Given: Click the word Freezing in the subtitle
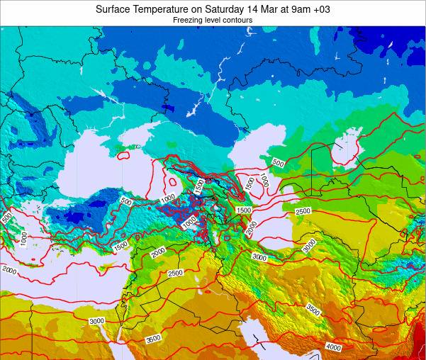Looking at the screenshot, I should [188, 21].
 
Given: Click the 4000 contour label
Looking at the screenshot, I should [332, 347].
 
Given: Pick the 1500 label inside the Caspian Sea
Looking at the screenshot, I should [249, 182].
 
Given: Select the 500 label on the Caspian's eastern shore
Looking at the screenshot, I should [277, 164].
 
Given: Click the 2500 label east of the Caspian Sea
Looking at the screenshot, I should [303, 211].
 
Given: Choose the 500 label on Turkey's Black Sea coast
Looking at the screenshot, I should [126, 202].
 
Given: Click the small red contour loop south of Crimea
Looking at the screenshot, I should [123, 152].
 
